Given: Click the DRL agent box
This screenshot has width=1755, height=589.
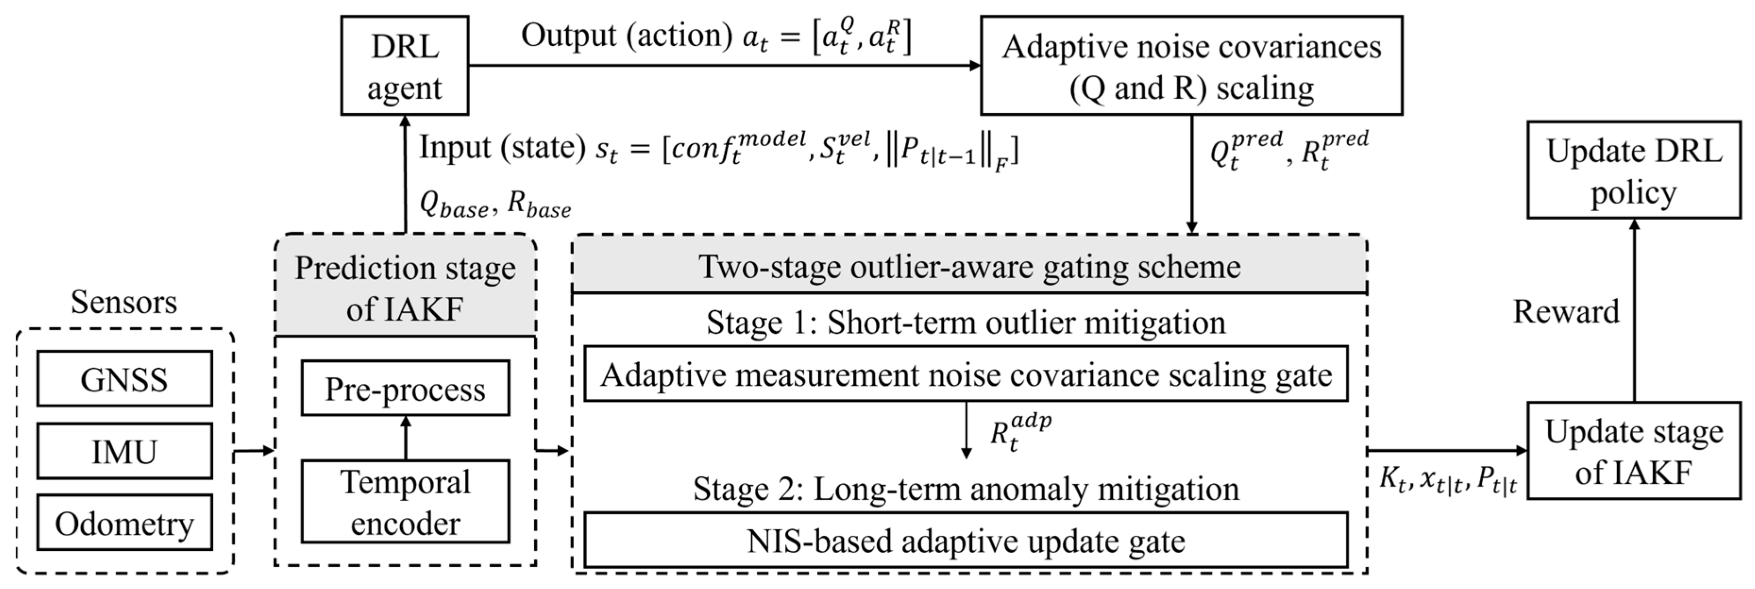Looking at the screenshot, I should [x=405, y=66].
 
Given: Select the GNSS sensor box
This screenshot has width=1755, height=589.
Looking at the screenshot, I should [x=124, y=379].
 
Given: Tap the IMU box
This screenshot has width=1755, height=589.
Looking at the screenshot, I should [x=124, y=451].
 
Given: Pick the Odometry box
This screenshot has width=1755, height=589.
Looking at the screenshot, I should [x=124, y=523].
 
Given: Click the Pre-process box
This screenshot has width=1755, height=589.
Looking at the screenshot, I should [x=405, y=388].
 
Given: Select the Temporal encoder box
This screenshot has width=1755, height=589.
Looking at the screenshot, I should [x=405, y=502].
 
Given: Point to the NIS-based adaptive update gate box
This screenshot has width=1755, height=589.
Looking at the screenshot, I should [x=966, y=540].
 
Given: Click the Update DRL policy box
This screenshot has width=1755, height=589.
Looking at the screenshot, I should [x=1633, y=170].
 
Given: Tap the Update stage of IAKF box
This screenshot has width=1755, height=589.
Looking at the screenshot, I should [x=1633, y=451].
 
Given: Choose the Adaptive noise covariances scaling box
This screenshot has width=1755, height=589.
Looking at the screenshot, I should [x=1191, y=66].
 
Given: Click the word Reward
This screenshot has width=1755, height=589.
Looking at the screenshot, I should [x=1566, y=311].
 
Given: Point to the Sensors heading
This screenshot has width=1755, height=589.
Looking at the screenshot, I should [x=124, y=302].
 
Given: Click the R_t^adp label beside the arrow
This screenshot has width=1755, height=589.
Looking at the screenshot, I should [x=1020, y=431].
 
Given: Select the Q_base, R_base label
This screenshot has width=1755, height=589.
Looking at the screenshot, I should [x=495, y=204].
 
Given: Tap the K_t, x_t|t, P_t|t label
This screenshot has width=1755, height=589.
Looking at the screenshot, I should [x=1448, y=481].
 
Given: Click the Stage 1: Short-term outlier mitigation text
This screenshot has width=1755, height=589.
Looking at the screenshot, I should [x=966, y=322].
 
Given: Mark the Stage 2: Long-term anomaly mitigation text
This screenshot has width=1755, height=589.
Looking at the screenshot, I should [x=966, y=488].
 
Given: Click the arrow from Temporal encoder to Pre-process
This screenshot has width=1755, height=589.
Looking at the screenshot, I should [x=405, y=438].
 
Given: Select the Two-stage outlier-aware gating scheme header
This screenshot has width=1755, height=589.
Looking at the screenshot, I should [x=969, y=266].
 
